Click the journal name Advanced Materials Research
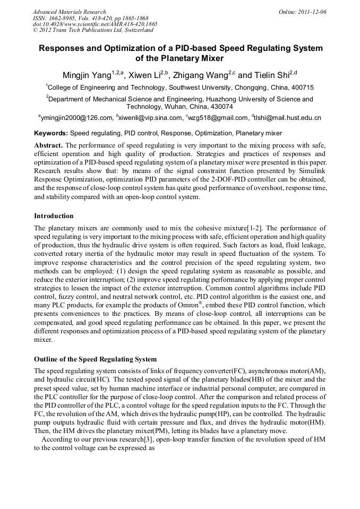(x=69, y=12)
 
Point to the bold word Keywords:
(x=51, y=133)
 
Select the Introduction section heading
(x=54, y=216)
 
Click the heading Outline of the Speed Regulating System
(x=95, y=359)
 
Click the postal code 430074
(x=220, y=106)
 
